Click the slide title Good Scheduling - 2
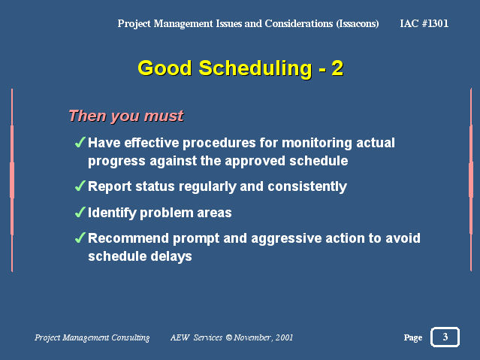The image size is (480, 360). (240, 68)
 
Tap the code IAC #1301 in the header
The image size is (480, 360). (424, 23)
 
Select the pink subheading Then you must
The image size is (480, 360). (126, 116)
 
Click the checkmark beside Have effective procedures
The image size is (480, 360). (80, 142)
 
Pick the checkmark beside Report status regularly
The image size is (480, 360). (80, 186)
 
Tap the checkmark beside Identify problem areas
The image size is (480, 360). (80, 212)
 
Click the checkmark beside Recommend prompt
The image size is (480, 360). (80, 237)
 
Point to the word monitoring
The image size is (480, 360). (317, 144)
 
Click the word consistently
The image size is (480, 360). (307, 187)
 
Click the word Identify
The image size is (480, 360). (112, 213)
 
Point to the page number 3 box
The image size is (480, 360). (445, 337)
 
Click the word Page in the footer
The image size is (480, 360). (413, 337)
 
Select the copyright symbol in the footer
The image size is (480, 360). (229, 337)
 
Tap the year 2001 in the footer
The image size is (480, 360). (284, 337)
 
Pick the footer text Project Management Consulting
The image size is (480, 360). (92, 337)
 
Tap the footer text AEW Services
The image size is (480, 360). (197, 337)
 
